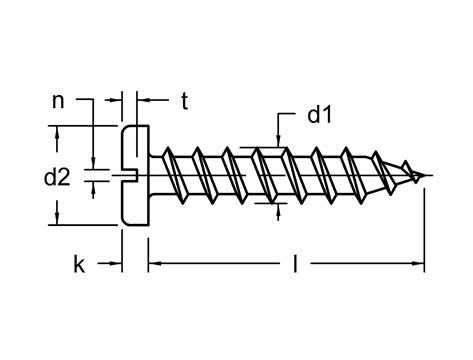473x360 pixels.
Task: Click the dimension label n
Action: coord(59,100)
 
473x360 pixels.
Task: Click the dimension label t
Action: coord(185,100)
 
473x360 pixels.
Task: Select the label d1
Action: coord(320,116)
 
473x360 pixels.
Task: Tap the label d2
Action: coord(57,178)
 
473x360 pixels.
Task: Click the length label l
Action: coord(295,265)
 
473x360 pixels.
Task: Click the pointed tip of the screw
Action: coord(430,178)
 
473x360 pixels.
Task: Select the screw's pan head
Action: coord(136,176)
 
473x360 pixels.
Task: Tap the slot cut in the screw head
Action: coord(127,178)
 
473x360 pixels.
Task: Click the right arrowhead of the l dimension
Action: coord(419,265)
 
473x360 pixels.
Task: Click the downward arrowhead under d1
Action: coord(276,139)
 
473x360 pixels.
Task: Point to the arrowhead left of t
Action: coord(140,100)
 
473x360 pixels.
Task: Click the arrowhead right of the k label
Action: coord(116,265)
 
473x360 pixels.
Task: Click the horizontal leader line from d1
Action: coord(288,115)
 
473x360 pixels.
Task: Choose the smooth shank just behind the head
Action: coord(155,177)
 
